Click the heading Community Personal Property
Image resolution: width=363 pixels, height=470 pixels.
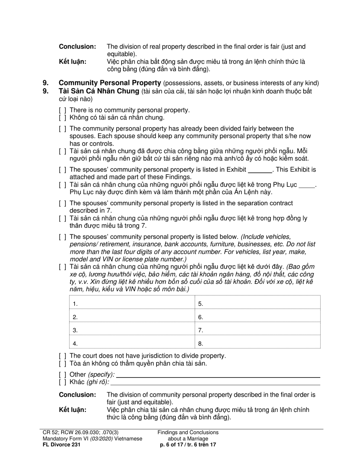pyautogui.click(x=109, y=83)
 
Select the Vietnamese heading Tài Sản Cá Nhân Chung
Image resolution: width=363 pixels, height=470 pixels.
pyautogui.click(x=99, y=91)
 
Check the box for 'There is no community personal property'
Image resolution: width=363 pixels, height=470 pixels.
pyautogui.click(x=62, y=110)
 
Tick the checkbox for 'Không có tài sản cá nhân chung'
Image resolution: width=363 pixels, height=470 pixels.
pyautogui.click(x=62, y=118)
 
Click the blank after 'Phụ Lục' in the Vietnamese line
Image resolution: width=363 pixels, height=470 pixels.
pyautogui.click(x=307, y=185)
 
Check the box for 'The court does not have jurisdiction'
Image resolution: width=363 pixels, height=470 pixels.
pyautogui.click(x=62, y=356)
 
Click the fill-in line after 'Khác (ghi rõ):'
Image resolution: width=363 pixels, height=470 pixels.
pyautogui.click(x=215, y=382)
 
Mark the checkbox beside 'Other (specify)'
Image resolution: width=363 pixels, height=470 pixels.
pyautogui.click(x=62, y=375)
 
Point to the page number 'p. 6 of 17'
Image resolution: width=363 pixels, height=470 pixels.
pyautogui.click(x=174, y=445)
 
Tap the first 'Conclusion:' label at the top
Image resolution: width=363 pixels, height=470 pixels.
pyautogui.click(x=77, y=47)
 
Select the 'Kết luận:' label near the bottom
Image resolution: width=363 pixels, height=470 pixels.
pyautogui.click(x=73, y=410)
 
